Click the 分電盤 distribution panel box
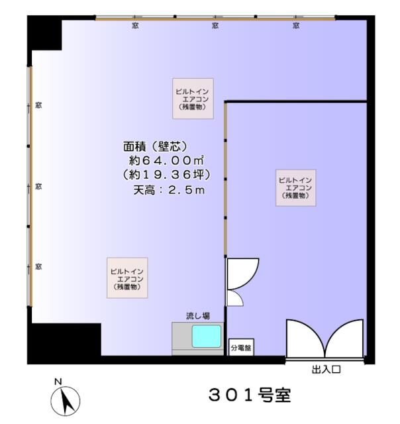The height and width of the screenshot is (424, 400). pyautogui.click(x=241, y=347)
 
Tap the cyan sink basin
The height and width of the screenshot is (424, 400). pyautogui.click(x=207, y=336)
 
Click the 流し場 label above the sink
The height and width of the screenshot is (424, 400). pyautogui.click(x=198, y=316)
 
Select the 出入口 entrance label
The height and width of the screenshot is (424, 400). pyautogui.click(x=326, y=370)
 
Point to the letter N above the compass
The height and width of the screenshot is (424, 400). pyautogui.click(x=58, y=382)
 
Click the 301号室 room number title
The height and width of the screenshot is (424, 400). pyautogui.click(x=250, y=395)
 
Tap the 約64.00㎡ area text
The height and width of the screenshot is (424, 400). pyautogui.click(x=166, y=160)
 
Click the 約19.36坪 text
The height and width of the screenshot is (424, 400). pyautogui.click(x=166, y=175)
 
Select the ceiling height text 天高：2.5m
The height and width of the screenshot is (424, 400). pyautogui.click(x=169, y=190)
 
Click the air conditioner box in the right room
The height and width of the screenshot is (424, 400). pyautogui.click(x=295, y=188)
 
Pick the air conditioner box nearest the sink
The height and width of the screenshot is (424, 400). pyautogui.click(x=127, y=278)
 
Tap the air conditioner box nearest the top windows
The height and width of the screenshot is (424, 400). pyautogui.click(x=193, y=99)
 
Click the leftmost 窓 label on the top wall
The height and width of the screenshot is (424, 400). pyautogui.click(x=135, y=26)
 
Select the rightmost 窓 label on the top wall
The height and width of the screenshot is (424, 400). pyautogui.click(x=296, y=26)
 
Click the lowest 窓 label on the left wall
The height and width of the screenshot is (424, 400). pyautogui.click(x=38, y=266)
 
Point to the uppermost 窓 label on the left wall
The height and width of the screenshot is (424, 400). pyautogui.click(x=38, y=105)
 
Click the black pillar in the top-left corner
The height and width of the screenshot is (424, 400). pyautogui.click(x=44, y=33)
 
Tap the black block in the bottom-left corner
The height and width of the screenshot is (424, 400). pyautogui.click(x=64, y=343)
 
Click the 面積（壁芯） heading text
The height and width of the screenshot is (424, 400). pyautogui.click(x=155, y=146)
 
